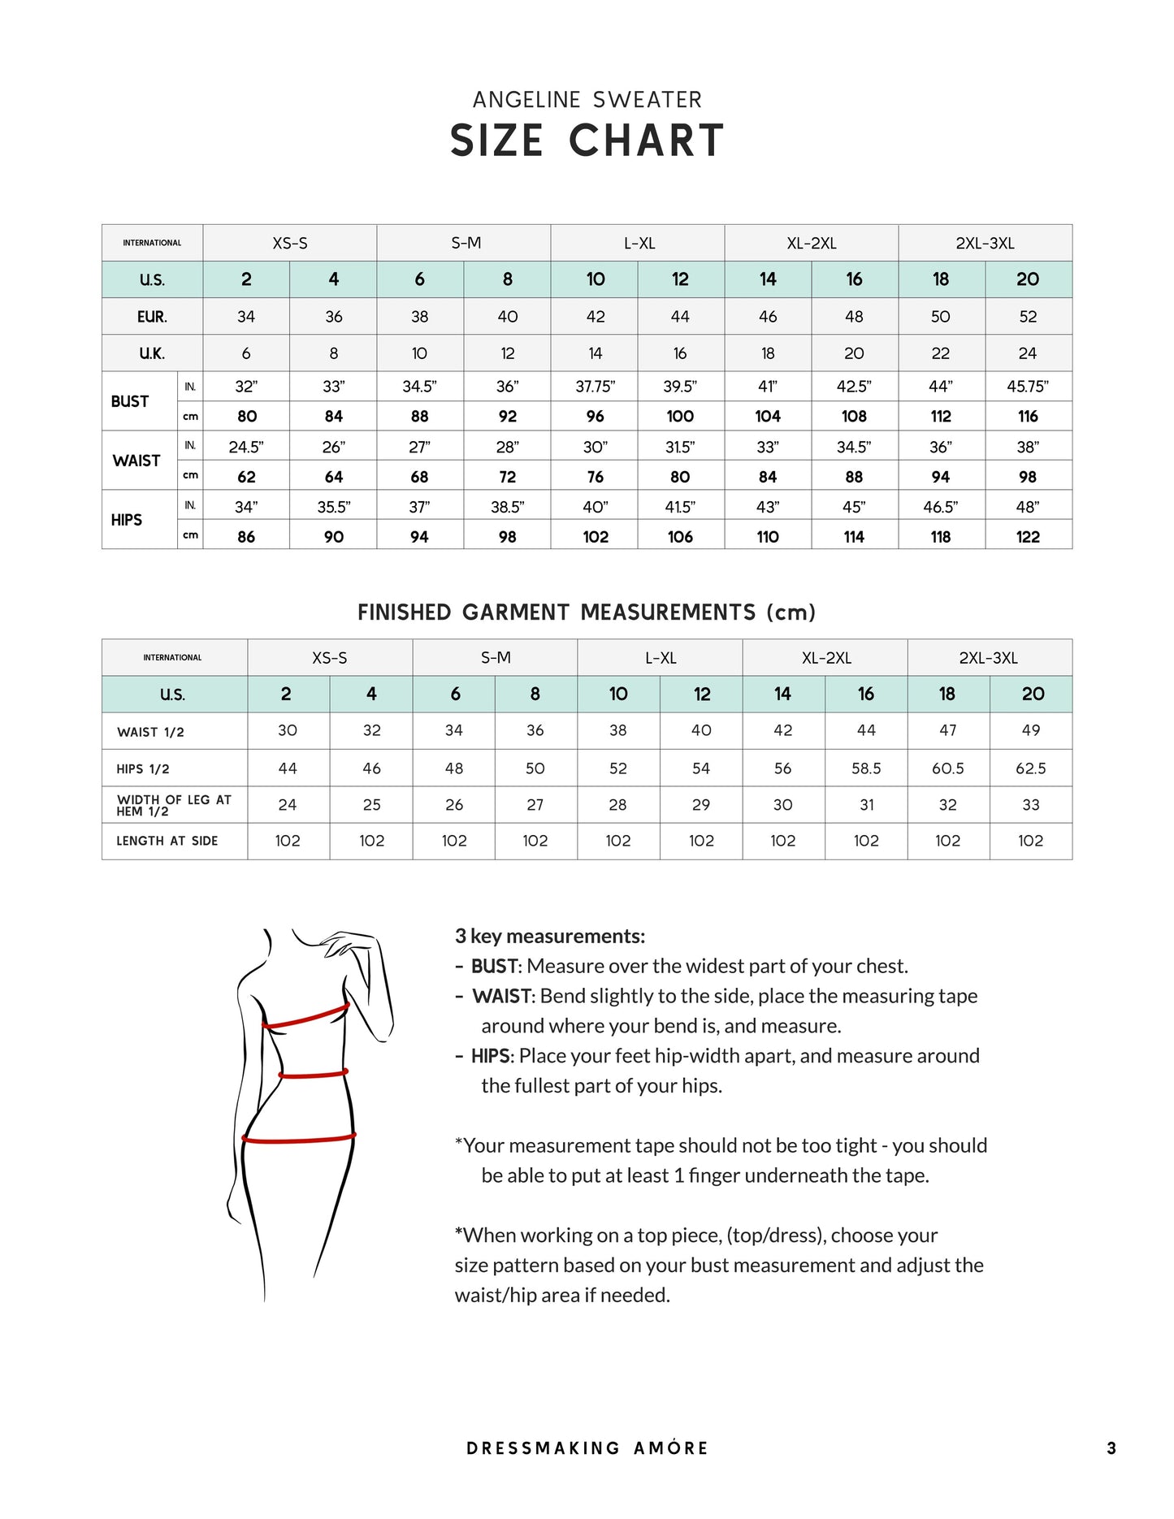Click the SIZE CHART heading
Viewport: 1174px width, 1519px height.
pos(587,141)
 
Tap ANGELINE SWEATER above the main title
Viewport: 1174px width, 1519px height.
pos(587,100)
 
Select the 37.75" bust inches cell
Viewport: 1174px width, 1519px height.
pos(595,387)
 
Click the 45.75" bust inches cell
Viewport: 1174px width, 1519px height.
pos(1028,387)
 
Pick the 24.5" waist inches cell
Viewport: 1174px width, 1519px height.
pos(246,447)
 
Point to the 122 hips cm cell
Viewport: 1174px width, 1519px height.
pos(1028,537)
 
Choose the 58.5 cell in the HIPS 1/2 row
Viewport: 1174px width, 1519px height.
pos(866,768)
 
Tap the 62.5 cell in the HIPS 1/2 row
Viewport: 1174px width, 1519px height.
pos(1030,768)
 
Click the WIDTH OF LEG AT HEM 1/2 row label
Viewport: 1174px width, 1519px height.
pos(174,805)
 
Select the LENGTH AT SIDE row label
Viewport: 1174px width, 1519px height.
pos(167,841)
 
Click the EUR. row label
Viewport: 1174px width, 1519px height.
pos(152,317)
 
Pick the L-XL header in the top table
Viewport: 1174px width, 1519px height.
pos(639,243)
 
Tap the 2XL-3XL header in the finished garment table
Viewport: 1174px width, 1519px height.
pos(988,658)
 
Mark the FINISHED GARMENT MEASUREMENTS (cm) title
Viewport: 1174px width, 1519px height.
pos(587,612)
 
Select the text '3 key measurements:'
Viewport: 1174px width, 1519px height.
pos(550,936)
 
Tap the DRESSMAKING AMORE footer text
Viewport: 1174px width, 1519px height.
pos(587,1448)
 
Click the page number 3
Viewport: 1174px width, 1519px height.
pos(1111,1448)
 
